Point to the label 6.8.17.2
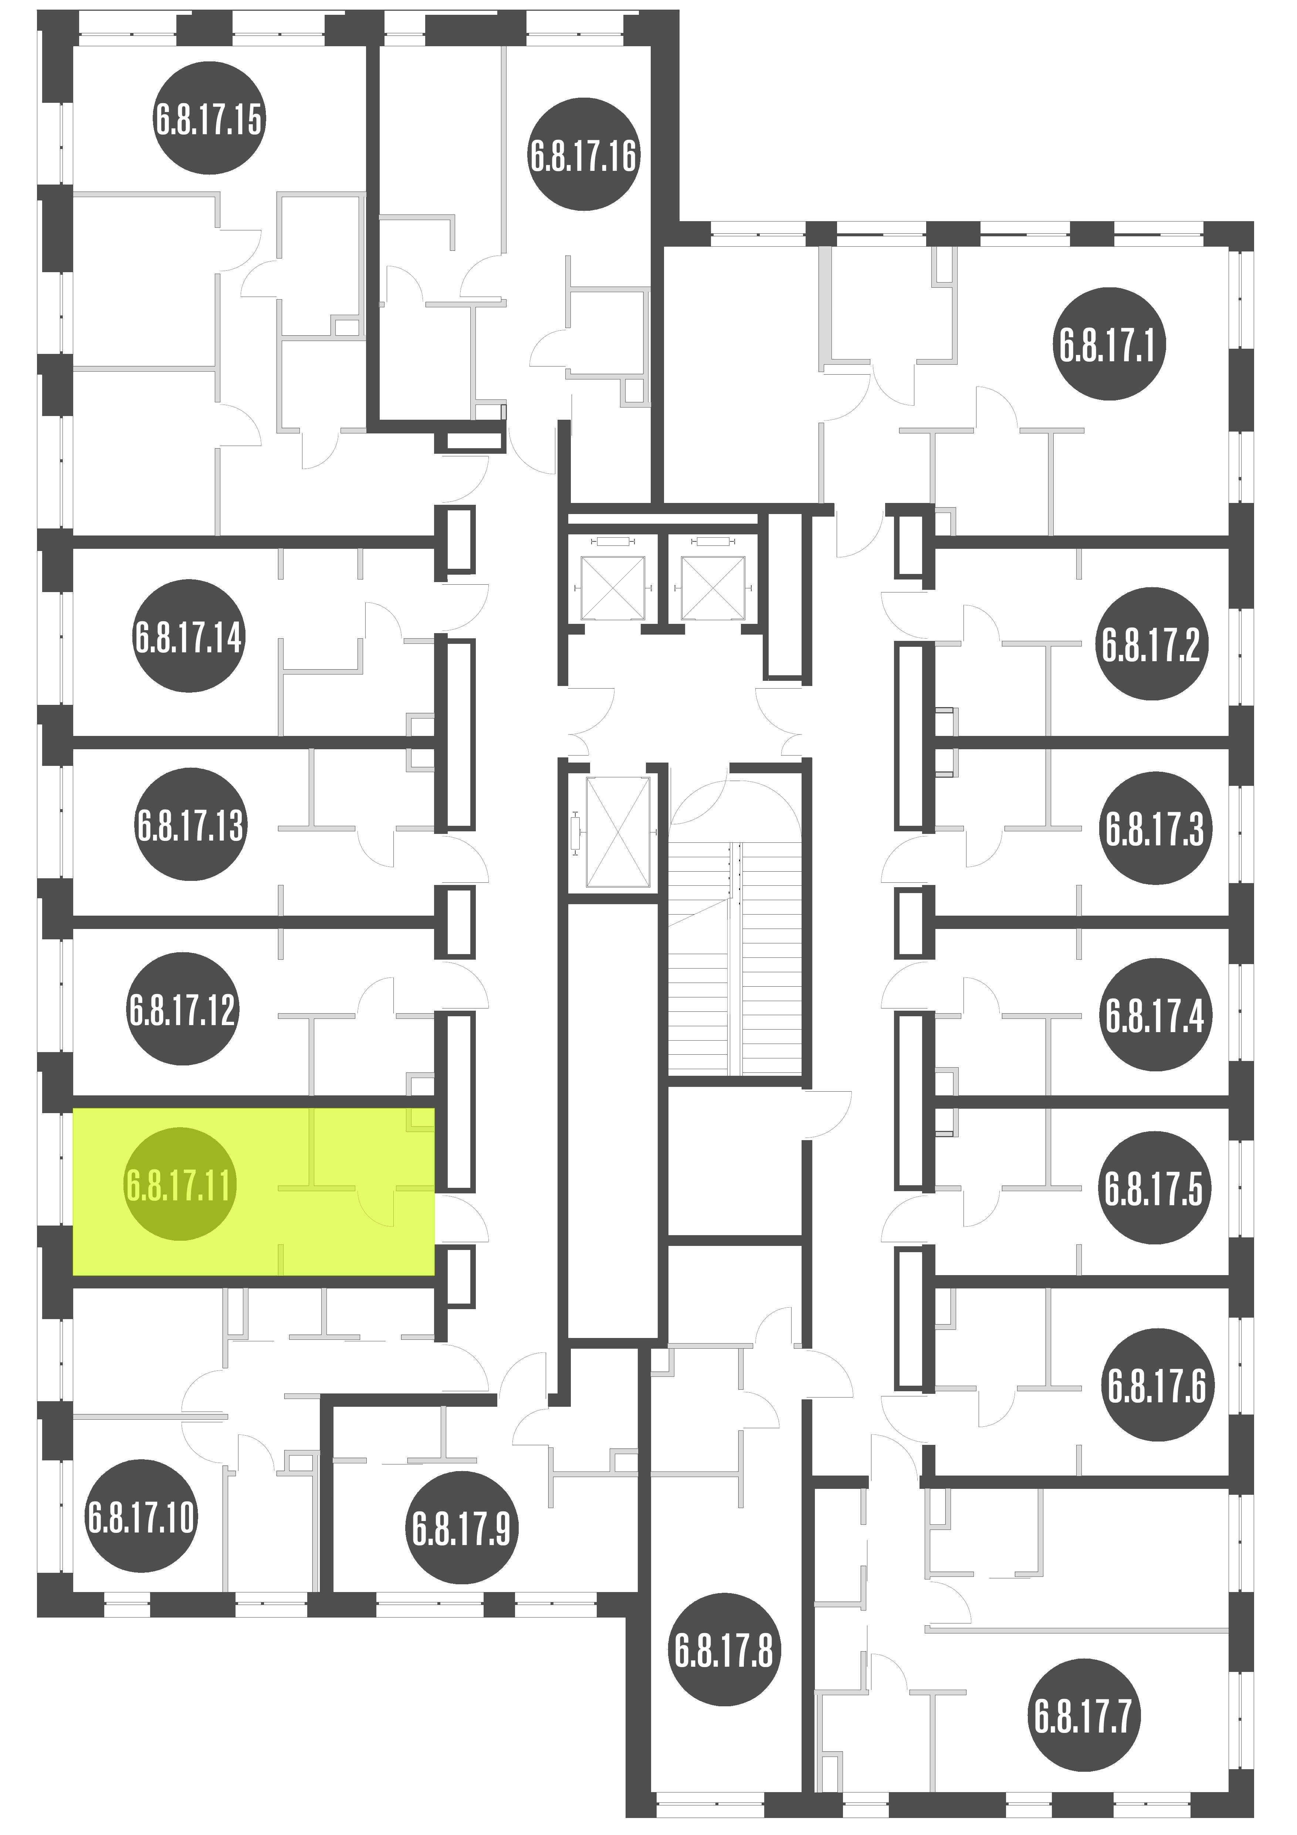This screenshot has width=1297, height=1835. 1152,644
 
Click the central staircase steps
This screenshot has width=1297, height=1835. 735,959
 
